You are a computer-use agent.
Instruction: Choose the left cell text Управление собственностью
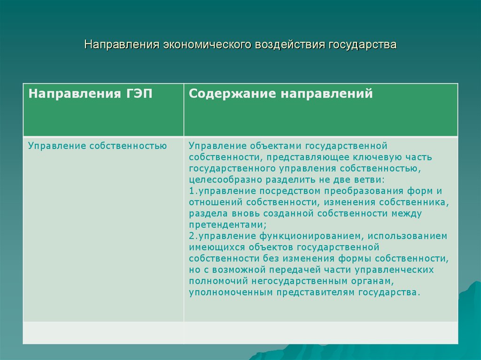(x=97, y=146)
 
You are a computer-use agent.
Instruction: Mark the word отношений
(x=211, y=202)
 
